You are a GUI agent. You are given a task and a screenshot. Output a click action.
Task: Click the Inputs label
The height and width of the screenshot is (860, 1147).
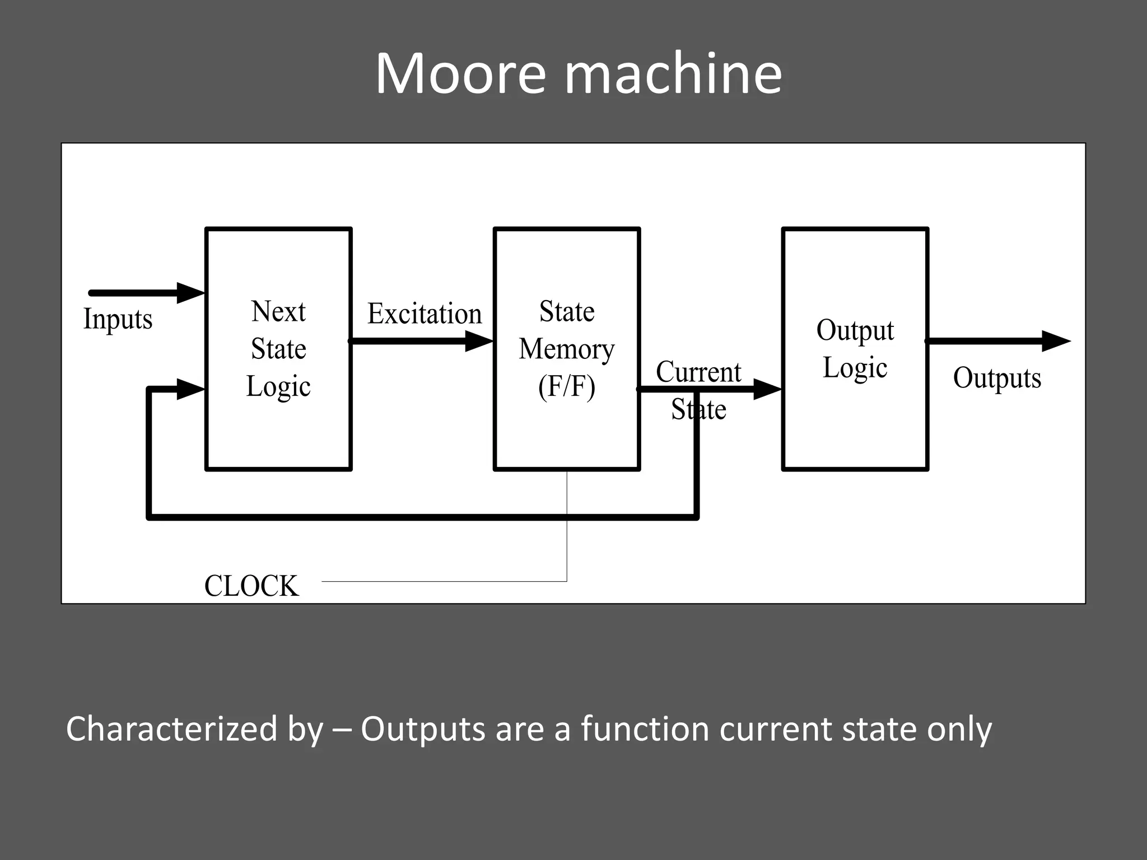[x=118, y=319]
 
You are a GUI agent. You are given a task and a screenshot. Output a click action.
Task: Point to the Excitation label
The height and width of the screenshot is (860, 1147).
[x=425, y=314]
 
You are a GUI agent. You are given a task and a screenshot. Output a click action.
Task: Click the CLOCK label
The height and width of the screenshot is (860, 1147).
[x=251, y=586]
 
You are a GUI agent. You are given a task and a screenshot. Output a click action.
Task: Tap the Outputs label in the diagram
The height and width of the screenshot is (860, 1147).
[x=997, y=378]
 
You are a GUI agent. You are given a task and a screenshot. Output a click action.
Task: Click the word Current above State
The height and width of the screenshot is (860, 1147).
[x=698, y=372]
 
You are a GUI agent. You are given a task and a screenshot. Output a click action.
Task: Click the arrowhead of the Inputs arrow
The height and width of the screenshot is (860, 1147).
[x=190, y=293]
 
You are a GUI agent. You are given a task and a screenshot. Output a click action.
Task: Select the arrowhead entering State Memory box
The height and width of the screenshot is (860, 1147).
[x=479, y=341]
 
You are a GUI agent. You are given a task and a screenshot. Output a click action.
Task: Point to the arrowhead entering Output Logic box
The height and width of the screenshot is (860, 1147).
[x=767, y=389]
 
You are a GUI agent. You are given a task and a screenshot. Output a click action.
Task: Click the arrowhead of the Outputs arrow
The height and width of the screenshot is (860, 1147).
[x=1055, y=341]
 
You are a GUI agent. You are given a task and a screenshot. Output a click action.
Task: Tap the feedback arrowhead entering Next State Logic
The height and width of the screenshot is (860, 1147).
[x=190, y=389]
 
